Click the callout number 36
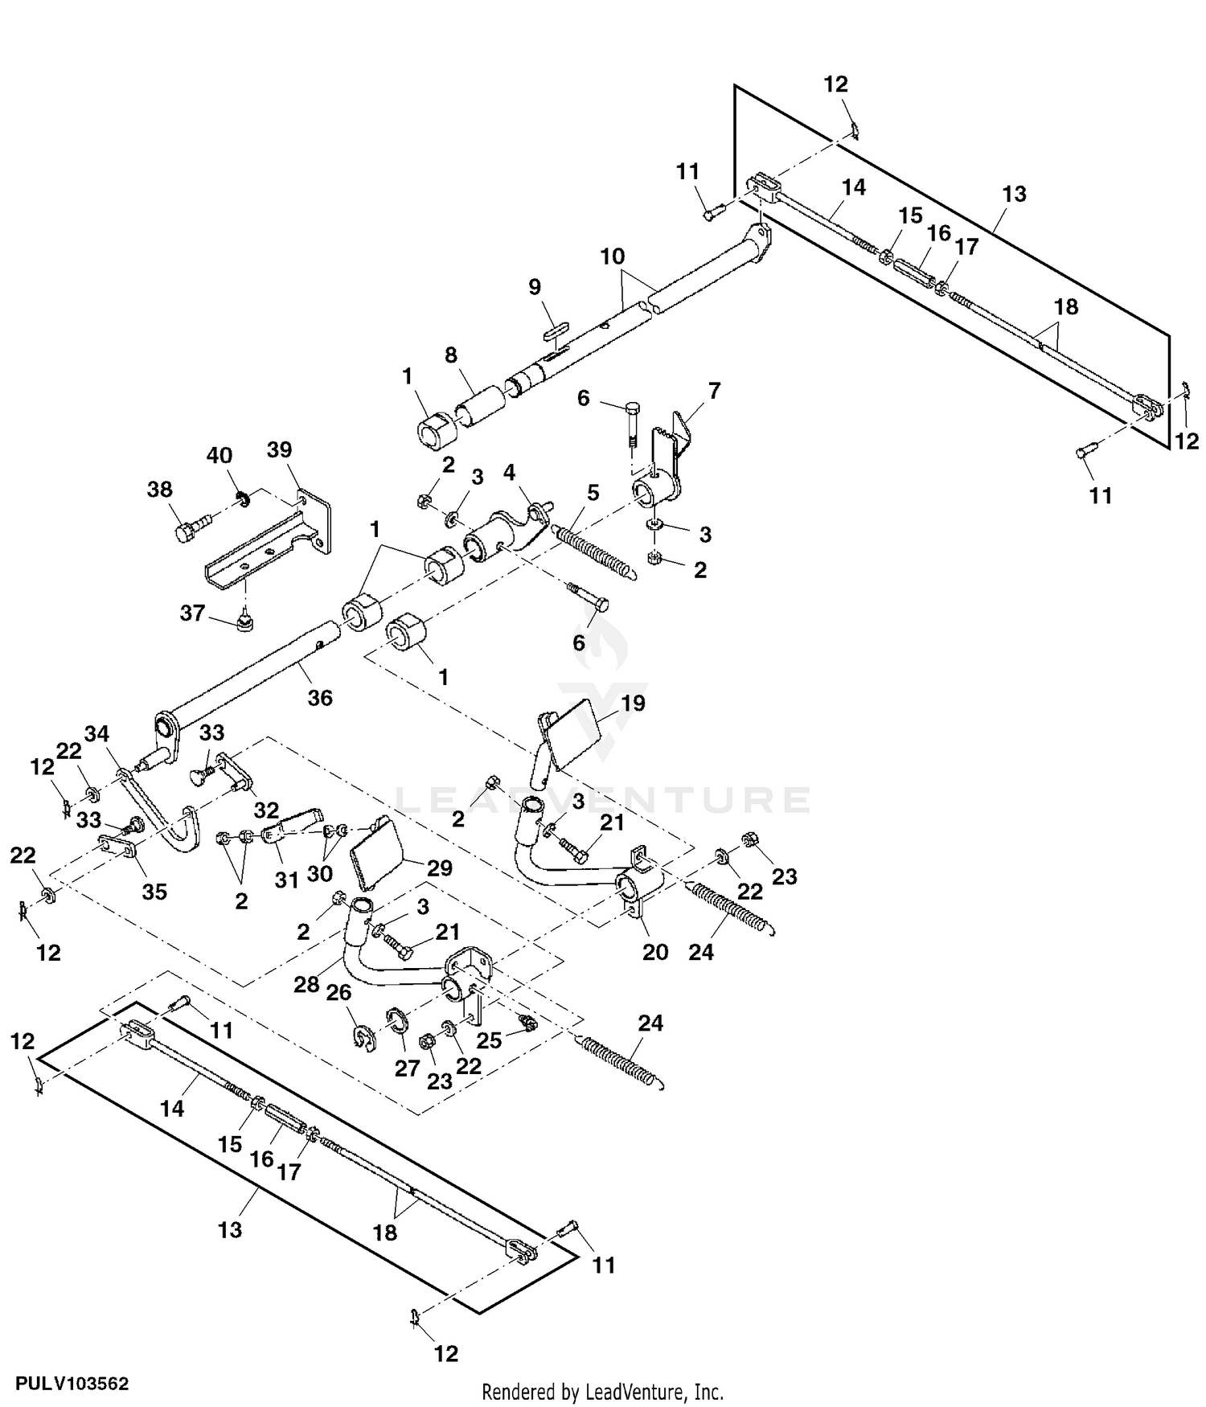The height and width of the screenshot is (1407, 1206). pyautogui.click(x=320, y=698)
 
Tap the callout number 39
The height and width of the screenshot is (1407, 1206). pyautogui.click(x=279, y=450)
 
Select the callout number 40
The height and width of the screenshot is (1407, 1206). pyautogui.click(x=219, y=456)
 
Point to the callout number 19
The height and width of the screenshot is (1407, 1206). pyautogui.click(x=633, y=703)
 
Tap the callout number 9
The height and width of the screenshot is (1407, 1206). pyautogui.click(x=535, y=287)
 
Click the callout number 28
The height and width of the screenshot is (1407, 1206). pyautogui.click(x=306, y=984)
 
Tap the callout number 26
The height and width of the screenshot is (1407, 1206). pyautogui.click(x=338, y=993)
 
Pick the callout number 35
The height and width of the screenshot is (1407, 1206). pyautogui.click(x=154, y=892)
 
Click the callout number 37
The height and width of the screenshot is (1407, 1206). pyautogui.click(x=192, y=613)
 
